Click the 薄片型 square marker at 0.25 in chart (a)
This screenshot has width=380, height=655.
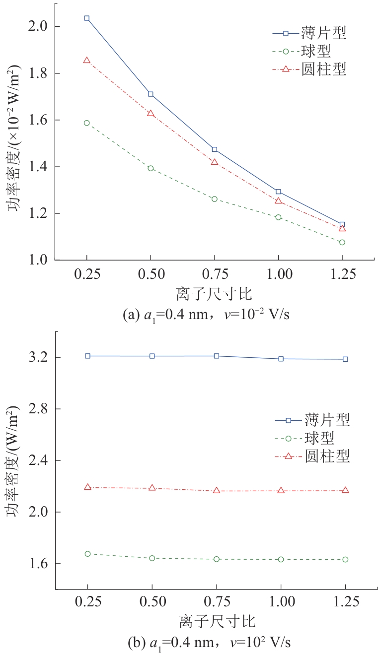87,18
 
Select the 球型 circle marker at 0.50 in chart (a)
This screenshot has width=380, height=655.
151,168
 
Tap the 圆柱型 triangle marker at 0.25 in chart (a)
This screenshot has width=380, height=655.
87,60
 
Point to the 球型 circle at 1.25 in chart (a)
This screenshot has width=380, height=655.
342,242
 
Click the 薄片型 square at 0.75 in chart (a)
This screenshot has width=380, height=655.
215,149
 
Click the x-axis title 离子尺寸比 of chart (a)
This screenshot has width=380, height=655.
214,294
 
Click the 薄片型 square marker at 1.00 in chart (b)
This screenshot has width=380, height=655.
281,359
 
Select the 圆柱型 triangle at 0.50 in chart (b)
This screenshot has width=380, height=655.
152,488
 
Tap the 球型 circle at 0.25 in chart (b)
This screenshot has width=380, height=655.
88,554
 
